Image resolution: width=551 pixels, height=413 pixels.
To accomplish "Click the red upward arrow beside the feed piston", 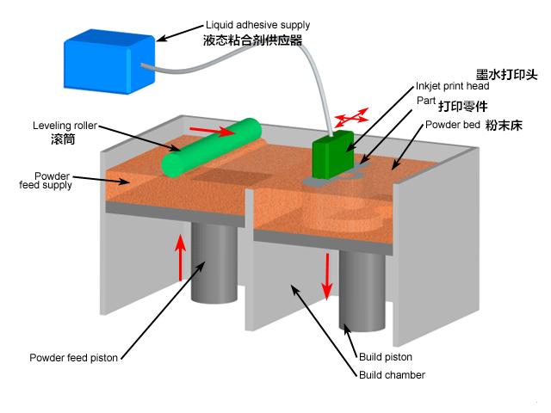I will [x=181, y=256].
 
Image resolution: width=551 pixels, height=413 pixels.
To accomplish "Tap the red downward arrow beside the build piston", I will [x=327, y=277].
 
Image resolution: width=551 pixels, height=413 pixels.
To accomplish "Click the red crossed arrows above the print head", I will [x=350, y=116].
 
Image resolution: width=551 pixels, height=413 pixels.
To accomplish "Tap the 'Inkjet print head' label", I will [x=453, y=87].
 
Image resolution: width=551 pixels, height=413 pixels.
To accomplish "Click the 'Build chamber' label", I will [x=392, y=374].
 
